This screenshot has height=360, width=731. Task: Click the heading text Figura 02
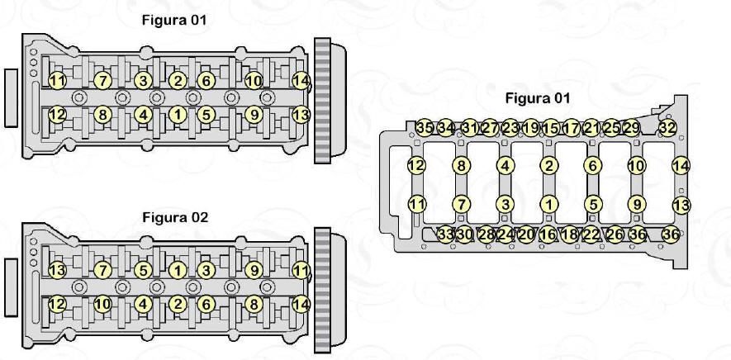[x=175, y=217]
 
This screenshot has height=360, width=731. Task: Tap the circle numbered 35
[x=425, y=127]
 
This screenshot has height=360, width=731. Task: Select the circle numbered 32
[x=667, y=127]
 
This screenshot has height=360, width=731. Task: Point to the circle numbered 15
[x=551, y=127]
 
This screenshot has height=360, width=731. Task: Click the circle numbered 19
[x=530, y=127]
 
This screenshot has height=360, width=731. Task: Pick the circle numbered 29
[x=631, y=127]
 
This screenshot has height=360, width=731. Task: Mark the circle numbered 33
[x=446, y=234]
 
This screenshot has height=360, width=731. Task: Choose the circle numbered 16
[x=548, y=234]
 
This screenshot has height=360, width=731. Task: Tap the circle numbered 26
[x=615, y=234]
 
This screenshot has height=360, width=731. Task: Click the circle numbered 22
[x=591, y=234]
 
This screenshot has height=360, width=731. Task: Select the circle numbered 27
[x=490, y=127]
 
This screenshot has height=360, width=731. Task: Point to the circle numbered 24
[x=505, y=234]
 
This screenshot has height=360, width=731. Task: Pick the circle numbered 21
[x=591, y=127]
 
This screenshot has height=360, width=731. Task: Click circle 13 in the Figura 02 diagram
[x=57, y=270]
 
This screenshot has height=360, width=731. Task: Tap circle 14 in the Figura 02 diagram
[x=301, y=305]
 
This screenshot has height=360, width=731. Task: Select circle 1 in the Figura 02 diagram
[x=178, y=270]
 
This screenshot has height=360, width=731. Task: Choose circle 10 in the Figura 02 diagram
[x=102, y=305]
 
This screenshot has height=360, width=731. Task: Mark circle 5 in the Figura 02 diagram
[x=143, y=270]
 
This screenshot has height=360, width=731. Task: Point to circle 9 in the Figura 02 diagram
[x=254, y=270]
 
